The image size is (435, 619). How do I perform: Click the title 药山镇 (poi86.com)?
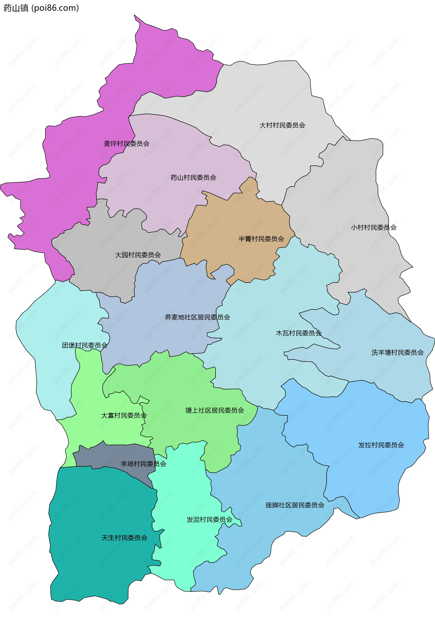coord(41,8)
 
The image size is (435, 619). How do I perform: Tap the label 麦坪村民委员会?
coord(127,144)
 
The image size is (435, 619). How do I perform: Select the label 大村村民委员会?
coord(282,125)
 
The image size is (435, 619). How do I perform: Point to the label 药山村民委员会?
coord(193,178)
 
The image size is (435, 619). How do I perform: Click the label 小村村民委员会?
coord(374,227)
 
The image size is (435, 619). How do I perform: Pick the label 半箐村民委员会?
coord(261,239)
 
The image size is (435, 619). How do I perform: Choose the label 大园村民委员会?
coord(138,255)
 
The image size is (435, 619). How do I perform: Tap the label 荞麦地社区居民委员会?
coord(197,317)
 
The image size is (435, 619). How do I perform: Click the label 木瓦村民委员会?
coord(299,333)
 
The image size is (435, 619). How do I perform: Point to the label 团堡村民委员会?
coord(85,345)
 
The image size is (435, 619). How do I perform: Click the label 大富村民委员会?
coord(124,416)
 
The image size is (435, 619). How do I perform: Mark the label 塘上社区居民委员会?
coord(215,410)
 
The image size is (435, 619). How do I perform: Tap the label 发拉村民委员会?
coord(381,445)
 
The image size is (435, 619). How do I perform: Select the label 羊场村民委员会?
coord(143,464)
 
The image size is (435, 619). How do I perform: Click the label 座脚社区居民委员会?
coord(295,505)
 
